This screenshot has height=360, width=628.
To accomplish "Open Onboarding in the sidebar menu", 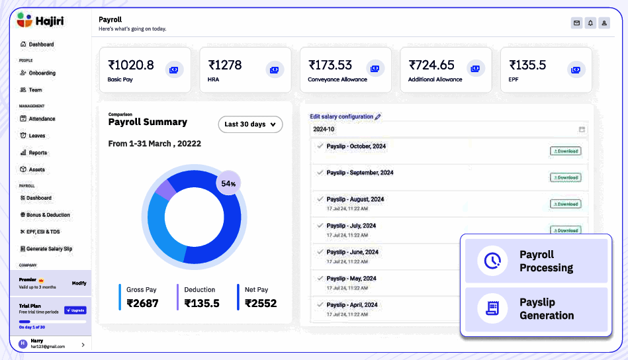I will coord(42,73).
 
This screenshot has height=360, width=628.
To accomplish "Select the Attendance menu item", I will coord(42,119).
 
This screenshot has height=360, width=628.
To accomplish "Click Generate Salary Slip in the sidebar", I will coord(49,249).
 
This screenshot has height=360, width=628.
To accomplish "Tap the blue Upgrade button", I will coord(75,310).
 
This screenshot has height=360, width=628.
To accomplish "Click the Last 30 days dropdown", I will coord(250,124).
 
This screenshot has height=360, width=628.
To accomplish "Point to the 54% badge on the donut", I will coord(228,183).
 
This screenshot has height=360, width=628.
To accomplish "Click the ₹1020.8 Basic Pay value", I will coord(131,65).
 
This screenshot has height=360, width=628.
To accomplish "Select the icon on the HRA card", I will coord(275,69).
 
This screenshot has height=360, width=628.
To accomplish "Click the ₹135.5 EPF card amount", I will coord(527,65).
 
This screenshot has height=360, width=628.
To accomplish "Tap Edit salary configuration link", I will coord(342,116).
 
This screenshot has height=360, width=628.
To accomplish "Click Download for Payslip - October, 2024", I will coord(565,151).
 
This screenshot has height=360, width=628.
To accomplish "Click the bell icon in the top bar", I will coord(590,23).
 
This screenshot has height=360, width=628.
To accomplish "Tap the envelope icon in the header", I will coord(576,23).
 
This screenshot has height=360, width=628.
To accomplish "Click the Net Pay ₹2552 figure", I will coord(261,303).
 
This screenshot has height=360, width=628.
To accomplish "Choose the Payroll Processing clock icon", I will coord(492,261).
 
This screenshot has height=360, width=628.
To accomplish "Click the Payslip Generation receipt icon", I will coord(492,309).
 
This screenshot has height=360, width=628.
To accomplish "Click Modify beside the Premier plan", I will coord(79,283).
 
